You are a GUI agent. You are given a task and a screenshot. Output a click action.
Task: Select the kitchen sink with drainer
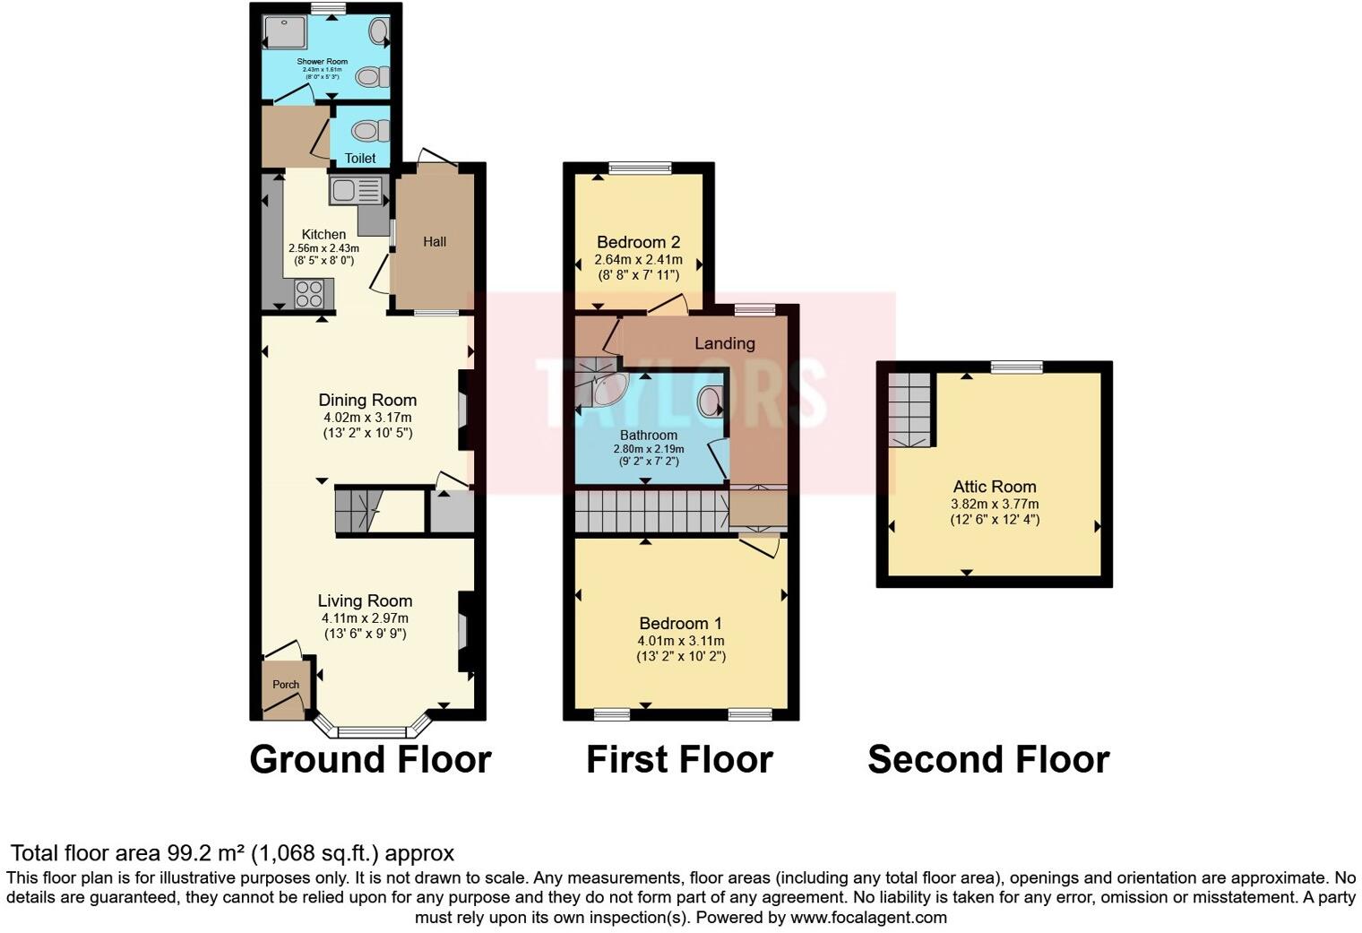[x=356, y=190]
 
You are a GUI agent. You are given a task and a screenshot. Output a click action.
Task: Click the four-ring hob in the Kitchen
[x=310, y=294]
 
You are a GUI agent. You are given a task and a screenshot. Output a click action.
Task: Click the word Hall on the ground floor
[x=435, y=242]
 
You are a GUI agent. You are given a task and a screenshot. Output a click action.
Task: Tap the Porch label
[x=286, y=685]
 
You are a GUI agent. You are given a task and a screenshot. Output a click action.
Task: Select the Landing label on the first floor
[x=724, y=343]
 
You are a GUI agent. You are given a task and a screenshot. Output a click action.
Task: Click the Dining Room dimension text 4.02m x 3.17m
[x=367, y=418]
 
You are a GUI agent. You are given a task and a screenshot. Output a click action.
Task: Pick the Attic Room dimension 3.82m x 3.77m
[x=995, y=505]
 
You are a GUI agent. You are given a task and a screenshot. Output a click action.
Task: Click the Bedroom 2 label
[x=638, y=242]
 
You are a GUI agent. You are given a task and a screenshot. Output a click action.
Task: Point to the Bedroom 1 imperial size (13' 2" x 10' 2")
[x=681, y=657]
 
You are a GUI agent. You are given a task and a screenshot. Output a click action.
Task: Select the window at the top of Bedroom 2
[x=640, y=168]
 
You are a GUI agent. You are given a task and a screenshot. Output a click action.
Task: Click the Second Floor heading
[x=988, y=760]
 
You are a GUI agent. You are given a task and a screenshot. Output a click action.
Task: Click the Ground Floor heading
[x=370, y=760]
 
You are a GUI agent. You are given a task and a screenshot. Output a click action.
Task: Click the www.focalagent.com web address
[x=868, y=918]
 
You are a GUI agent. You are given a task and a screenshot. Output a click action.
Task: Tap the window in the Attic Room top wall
[x=1017, y=367]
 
